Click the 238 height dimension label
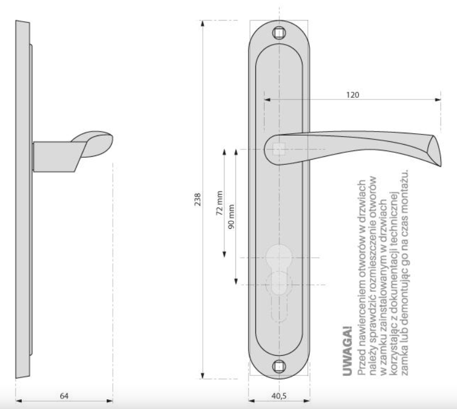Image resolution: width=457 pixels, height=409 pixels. (x=198, y=200)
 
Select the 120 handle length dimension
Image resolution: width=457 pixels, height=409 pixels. (x=353, y=95)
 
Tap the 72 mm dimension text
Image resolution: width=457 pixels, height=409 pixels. (x=219, y=203)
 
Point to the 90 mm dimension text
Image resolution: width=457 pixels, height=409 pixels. (x=231, y=217)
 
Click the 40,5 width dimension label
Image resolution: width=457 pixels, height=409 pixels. (x=279, y=396)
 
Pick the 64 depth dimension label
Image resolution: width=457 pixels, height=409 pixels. (x=64, y=396)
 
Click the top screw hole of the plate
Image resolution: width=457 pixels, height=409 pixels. (x=279, y=33)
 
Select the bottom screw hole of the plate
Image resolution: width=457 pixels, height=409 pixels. (x=279, y=366)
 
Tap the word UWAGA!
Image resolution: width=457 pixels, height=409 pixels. (x=348, y=351)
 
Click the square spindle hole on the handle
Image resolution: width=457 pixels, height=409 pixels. (x=279, y=149)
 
